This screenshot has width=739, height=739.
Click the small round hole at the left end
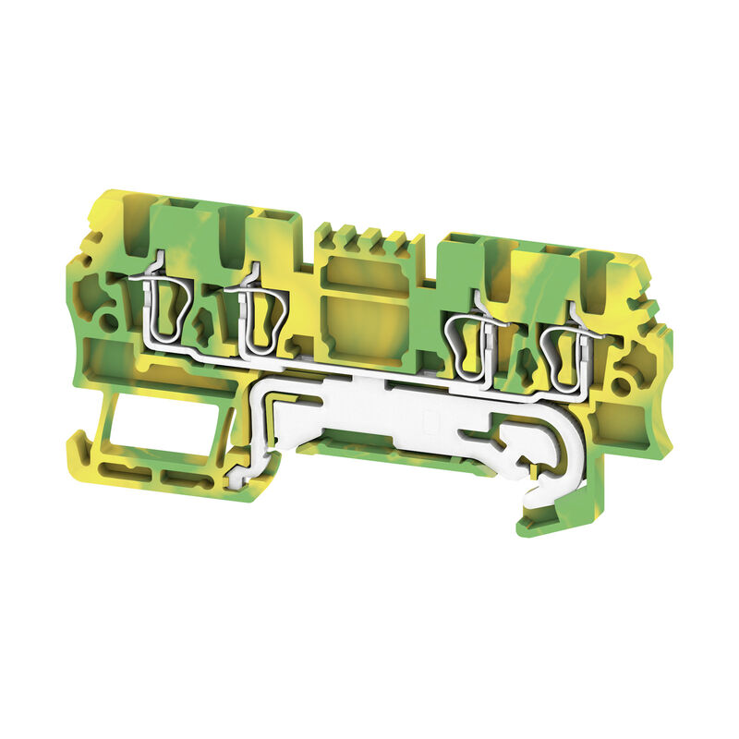(109, 323)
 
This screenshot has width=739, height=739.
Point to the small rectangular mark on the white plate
(428, 420)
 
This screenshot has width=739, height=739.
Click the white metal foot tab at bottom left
(242, 471)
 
